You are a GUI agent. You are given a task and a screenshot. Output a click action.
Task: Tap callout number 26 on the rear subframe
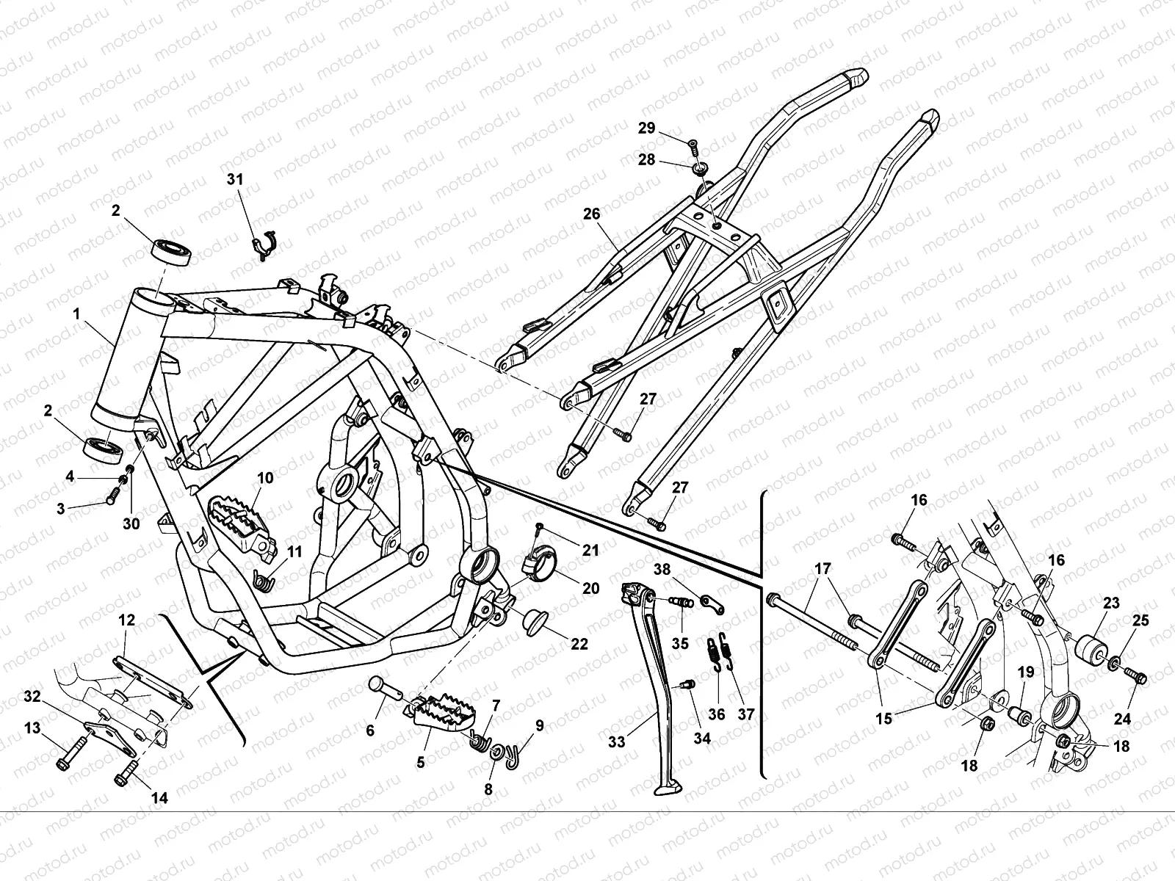click(592, 214)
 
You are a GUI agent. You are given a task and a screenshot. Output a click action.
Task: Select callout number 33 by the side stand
click(617, 742)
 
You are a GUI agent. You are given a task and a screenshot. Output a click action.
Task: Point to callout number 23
click(1111, 603)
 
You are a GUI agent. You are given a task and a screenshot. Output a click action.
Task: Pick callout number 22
click(579, 645)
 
